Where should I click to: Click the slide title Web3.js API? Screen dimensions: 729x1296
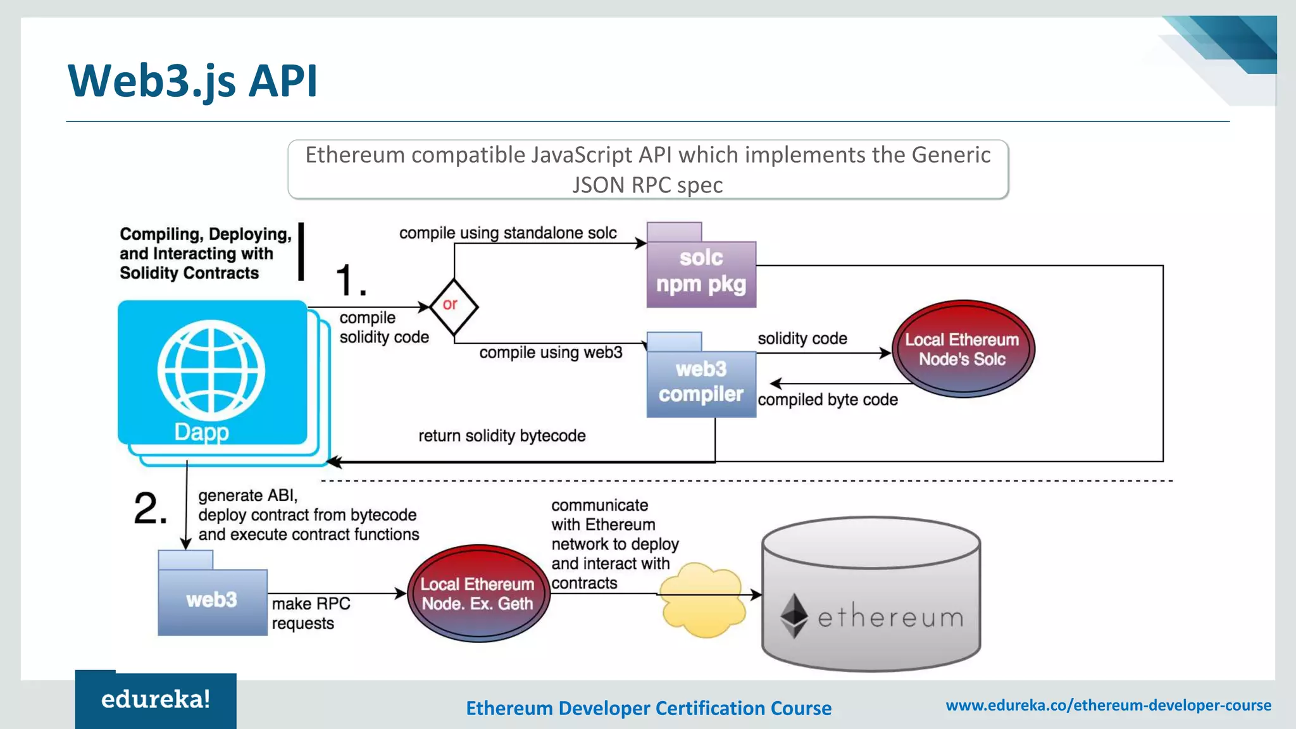(192, 81)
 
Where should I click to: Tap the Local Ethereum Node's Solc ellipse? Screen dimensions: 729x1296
(963, 349)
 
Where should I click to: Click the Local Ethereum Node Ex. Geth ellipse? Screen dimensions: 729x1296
(478, 594)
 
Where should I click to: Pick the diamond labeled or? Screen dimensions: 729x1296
(453, 306)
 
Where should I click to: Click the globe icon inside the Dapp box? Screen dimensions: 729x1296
(211, 370)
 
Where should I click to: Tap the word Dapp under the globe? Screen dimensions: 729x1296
(201, 432)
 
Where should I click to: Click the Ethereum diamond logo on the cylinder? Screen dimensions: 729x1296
(794, 615)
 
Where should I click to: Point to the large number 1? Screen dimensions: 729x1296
(349, 280)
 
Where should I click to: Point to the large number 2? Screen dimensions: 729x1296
(150, 509)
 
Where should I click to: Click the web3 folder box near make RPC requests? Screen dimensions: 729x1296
(212, 600)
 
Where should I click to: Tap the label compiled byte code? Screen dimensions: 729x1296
(827, 400)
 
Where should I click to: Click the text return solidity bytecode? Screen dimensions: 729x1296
(502, 436)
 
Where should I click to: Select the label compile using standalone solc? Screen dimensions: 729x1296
(508, 233)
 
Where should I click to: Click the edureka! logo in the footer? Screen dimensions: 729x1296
(156, 700)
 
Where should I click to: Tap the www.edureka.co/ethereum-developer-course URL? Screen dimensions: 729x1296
(1108, 705)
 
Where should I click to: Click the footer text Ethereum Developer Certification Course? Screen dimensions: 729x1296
(649, 708)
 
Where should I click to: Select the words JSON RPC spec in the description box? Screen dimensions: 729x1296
(647, 185)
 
